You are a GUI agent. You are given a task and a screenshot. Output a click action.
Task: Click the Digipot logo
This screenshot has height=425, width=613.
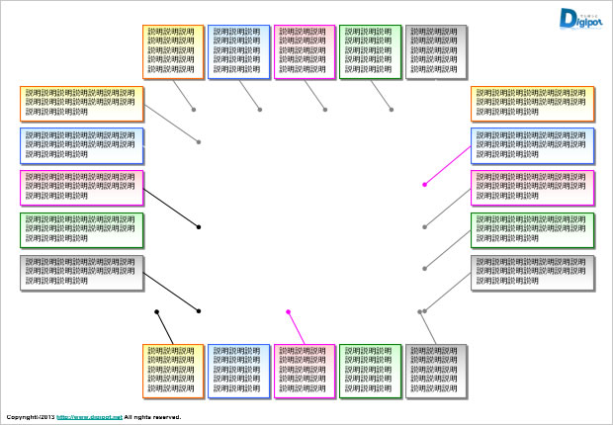pyautogui.click(x=580, y=19)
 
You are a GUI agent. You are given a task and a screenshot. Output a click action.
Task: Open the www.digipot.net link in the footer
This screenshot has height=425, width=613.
pyautogui.click(x=89, y=418)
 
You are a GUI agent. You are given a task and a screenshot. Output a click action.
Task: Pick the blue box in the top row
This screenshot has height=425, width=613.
pyautogui.click(x=238, y=51)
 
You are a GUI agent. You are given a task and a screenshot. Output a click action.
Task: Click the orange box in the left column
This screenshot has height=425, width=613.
pyautogui.click(x=81, y=104)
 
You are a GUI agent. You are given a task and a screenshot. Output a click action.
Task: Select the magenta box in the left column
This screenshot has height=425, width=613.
pyautogui.click(x=81, y=188)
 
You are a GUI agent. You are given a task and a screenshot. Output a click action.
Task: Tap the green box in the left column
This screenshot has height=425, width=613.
pyautogui.click(x=81, y=229)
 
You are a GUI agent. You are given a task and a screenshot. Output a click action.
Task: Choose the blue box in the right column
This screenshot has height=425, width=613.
pyautogui.click(x=533, y=145)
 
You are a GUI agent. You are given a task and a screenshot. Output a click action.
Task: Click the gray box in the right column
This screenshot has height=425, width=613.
pyautogui.click(x=533, y=272)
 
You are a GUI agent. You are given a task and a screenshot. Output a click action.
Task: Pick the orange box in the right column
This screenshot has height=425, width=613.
pyautogui.click(x=533, y=104)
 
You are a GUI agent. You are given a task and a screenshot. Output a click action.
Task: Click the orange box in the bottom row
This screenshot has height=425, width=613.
pyautogui.click(x=173, y=371)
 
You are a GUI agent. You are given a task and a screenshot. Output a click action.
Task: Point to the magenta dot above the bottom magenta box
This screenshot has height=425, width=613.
pyautogui.click(x=289, y=312)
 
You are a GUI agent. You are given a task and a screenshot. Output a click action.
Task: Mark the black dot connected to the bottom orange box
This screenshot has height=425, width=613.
pyautogui.click(x=157, y=312)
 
